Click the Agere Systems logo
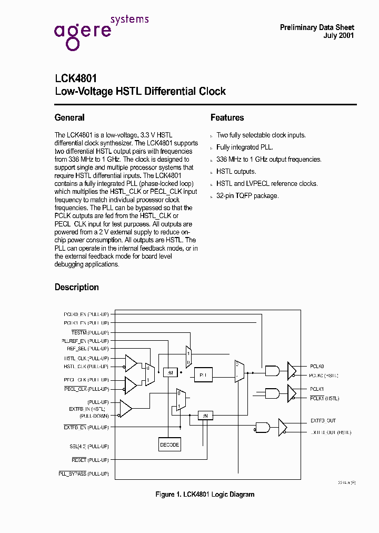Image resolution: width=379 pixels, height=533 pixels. pos(101,32)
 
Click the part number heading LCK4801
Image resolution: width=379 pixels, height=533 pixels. pos(75,78)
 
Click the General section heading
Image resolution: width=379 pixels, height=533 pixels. pos(69,117)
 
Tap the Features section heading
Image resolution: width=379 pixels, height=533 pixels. pos(227,117)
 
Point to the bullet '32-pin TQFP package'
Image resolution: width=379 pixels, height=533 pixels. pos(247,196)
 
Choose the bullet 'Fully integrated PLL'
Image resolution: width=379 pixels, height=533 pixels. pos(245,147)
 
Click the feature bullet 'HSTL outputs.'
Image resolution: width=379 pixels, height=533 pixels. pos(236,172)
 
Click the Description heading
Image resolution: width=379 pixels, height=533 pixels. pos(77,287)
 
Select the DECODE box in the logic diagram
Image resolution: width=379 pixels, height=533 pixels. pos(169,445)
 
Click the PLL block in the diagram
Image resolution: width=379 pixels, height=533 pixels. pos(203,375)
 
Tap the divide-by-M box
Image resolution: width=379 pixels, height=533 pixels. pos(171,372)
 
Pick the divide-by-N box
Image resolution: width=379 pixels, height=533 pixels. pos(205,416)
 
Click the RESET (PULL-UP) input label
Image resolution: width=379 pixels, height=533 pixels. pos(90,460)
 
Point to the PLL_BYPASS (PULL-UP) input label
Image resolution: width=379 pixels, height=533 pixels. pos(84,474)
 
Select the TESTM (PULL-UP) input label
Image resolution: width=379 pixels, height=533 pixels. pos(90,332)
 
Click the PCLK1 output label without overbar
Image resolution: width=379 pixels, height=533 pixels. pos(317,389)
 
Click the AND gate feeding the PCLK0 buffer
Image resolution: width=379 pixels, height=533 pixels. pos(273,371)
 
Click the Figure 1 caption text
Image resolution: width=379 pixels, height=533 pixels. pos(205,495)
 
